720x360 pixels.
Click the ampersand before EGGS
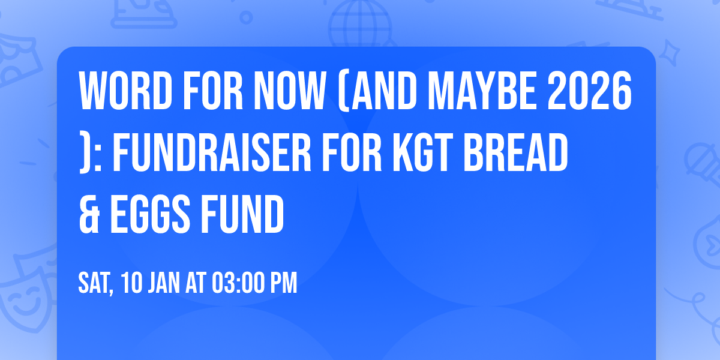[88, 217]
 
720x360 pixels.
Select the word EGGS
[145, 217]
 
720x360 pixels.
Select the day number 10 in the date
[132, 284]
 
